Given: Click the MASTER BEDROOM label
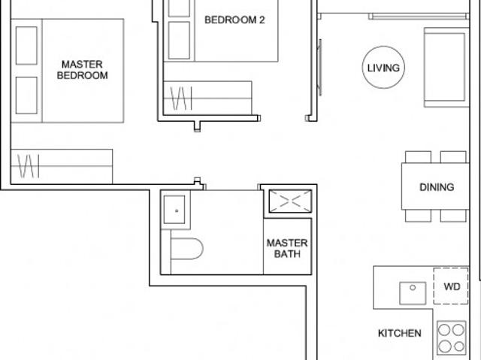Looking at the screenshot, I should [83, 70].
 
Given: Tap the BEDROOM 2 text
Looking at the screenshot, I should [234, 20].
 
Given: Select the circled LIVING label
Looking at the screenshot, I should [383, 68].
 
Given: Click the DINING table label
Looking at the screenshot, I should [437, 187].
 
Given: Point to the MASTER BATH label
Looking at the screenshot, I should [287, 249].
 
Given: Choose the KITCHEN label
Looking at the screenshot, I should [399, 333].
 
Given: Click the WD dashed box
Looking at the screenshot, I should [451, 287].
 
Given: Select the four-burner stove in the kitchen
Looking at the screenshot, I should [451, 339].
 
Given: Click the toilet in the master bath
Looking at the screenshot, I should [186, 249].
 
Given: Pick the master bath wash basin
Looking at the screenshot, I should [176, 210].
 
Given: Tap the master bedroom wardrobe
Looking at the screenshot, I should [62, 165].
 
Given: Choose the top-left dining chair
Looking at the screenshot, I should [418, 156].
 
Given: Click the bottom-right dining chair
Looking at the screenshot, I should [453, 216].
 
